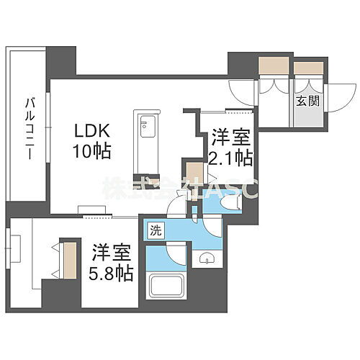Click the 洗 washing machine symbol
click(155, 231)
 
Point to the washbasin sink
click(207, 258)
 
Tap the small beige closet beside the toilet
click(194, 174)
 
